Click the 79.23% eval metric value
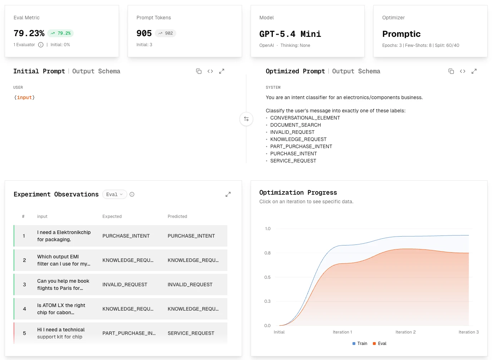pyautogui.click(x=29, y=33)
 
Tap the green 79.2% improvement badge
pyautogui.click(x=60, y=33)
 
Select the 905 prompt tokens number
pyautogui.click(x=144, y=33)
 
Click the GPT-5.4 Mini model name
pyautogui.click(x=290, y=34)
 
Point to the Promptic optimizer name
pyautogui.click(x=401, y=34)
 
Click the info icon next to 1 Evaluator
pyautogui.click(x=41, y=45)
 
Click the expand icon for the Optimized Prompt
pyautogui.click(x=474, y=71)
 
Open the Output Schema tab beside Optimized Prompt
pyautogui.click(x=356, y=71)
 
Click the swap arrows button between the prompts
pyautogui.click(x=246, y=119)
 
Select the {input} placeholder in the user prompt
pyautogui.click(x=24, y=97)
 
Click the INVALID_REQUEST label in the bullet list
pyautogui.click(x=292, y=132)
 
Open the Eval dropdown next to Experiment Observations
pyautogui.click(x=114, y=194)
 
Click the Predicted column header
pyautogui.click(x=177, y=217)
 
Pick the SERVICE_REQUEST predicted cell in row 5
pyautogui.click(x=191, y=333)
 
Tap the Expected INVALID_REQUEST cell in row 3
pyautogui.click(x=124, y=284)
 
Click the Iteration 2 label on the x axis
pyautogui.click(x=405, y=332)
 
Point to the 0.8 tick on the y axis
pyautogui.click(x=267, y=253)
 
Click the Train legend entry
pyautogui.click(x=360, y=344)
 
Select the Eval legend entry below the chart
pyautogui.click(x=379, y=344)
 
